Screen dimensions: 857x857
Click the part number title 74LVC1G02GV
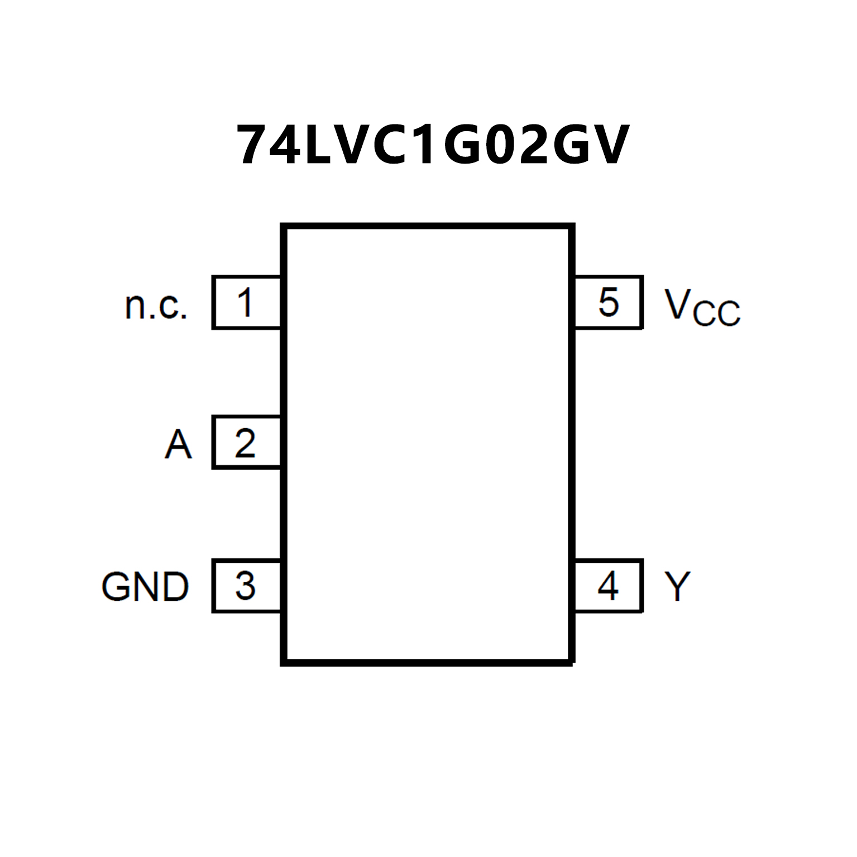[x=433, y=145]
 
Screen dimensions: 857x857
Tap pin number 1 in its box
[x=245, y=303]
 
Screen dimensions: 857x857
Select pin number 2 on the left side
[x=245, y=443]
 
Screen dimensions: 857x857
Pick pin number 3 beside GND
[x=245, y=586]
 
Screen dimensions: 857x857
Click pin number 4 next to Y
[x=608, y=586]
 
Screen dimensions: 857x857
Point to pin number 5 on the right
[x=609, y=303]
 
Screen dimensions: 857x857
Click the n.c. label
[x=156, y=306]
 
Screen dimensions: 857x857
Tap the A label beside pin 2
[x=178, y=444]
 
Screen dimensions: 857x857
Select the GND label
[x=145, y=587]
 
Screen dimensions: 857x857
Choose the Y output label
[x=677, y=586]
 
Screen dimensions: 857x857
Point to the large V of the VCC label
[x=678, y=304]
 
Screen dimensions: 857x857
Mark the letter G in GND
[x=116, y=587]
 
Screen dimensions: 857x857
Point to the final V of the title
[x=608, y=145]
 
